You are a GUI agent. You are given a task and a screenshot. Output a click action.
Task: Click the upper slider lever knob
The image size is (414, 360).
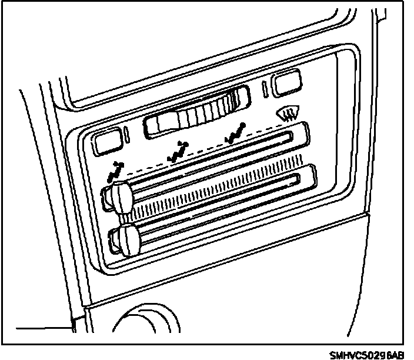119,198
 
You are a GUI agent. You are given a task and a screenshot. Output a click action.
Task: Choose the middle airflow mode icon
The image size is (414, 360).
178,152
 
